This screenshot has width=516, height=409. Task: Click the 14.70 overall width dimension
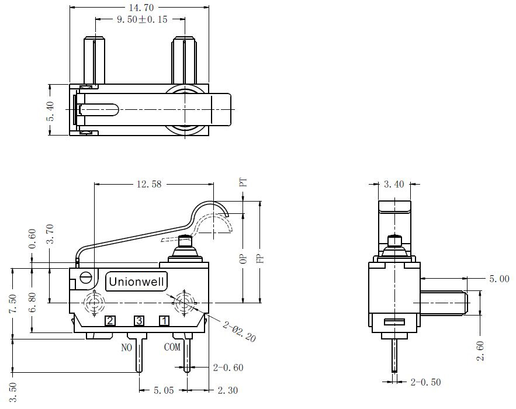tap(141, 7)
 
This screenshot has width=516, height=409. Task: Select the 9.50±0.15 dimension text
tap(142, 19)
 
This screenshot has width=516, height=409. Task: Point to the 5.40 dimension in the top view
tap(50, 111)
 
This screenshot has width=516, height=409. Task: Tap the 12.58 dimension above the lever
tap(149, 184)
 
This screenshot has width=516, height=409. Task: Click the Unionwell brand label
tap(136, 282)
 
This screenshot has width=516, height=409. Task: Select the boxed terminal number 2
tap(110, 321)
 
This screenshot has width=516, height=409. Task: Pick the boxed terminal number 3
tap(139, 321)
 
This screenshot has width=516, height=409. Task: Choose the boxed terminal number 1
tap(164, 321)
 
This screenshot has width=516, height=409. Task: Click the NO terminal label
tap(127, 348)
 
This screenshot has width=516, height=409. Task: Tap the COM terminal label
tap(172, 347)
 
